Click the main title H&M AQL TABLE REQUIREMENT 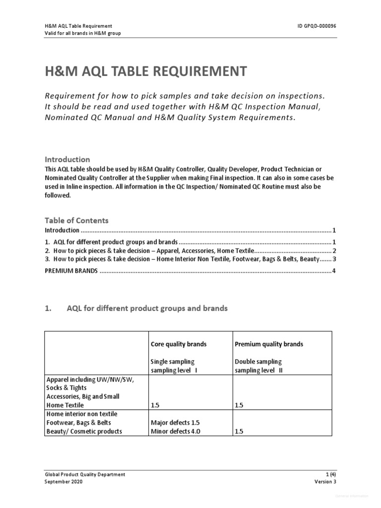click(145, 71)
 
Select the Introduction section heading click(67, 159)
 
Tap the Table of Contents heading click(76, 220)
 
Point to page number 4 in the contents click(334, 271)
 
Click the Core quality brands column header click(179, 344)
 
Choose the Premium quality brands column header click(268, 344)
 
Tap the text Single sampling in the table click(173, 361)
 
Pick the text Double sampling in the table click(257, 361)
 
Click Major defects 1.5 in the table click(175, 423)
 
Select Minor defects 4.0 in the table click(175, 431)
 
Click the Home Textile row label click(66, 405)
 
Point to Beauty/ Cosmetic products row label click(83, 431)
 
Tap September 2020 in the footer click(64, 482)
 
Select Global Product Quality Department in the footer click(85, 474)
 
